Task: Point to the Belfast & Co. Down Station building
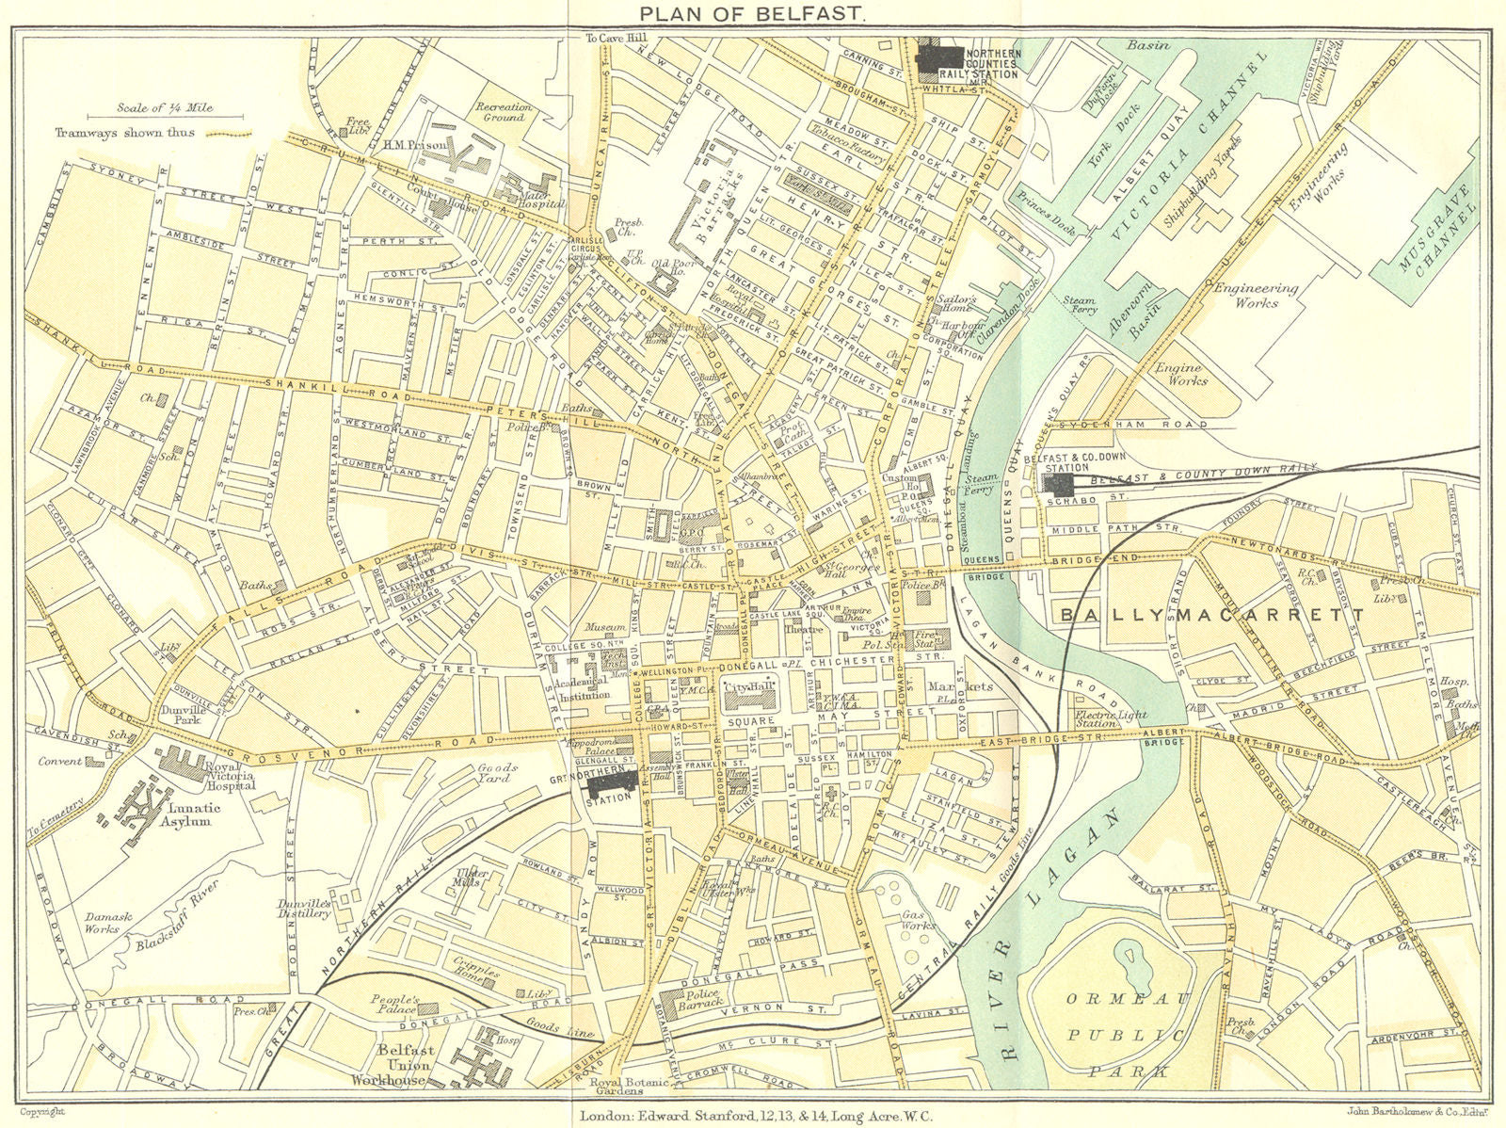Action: [x=1062, y=485]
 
